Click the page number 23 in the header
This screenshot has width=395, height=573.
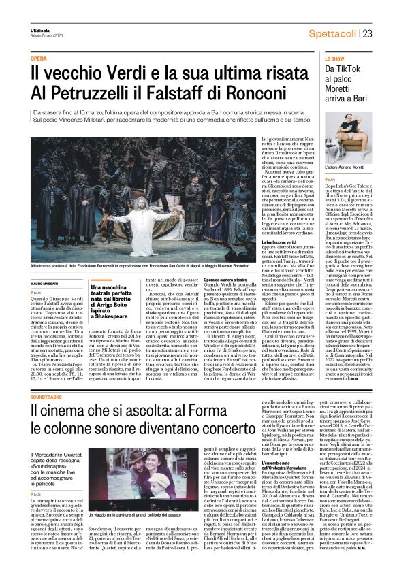[x=366, y=33]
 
